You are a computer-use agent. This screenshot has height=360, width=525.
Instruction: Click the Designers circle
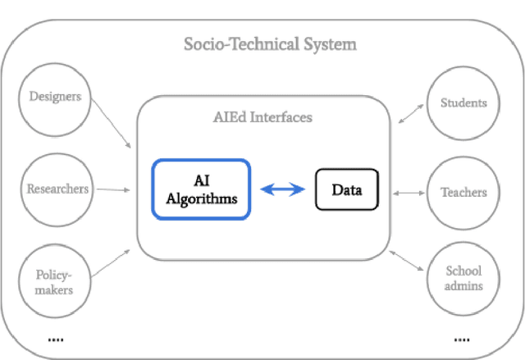[56, 98]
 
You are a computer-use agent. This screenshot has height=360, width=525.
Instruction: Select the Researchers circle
[57, 189]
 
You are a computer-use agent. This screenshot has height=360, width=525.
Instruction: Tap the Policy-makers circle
[53, 281]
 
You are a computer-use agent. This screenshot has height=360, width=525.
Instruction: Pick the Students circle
[463, 103]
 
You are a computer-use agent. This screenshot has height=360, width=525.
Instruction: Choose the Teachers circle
[463, 193]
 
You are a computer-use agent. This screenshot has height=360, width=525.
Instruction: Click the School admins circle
[463, 278]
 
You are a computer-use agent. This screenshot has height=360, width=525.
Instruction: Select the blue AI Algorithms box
[201, 189]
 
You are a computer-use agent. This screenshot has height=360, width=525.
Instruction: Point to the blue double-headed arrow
[282, 190]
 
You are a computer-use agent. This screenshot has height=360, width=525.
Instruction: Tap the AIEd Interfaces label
[262, 117]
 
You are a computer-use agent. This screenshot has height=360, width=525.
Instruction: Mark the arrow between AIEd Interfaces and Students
[410, 113]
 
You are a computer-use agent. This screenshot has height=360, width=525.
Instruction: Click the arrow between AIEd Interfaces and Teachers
[409, 194]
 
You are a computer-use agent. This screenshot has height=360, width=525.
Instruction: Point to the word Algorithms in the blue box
[201, 198]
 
